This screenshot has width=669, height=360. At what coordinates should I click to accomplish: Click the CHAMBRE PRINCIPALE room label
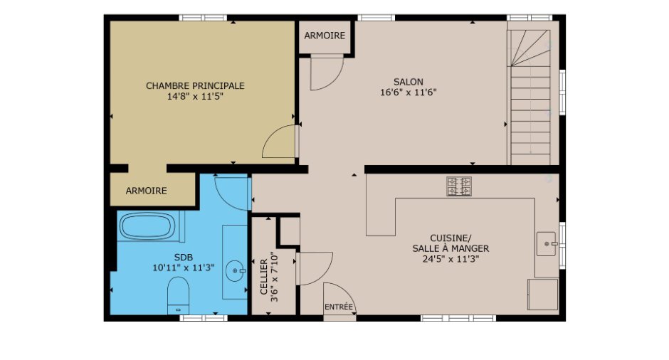point(195,86)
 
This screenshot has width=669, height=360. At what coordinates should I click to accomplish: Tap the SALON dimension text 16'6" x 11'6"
point(409,92)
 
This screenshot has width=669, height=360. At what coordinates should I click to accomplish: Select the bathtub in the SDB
point(147,226)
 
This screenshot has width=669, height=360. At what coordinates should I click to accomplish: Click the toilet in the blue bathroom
point(178,295)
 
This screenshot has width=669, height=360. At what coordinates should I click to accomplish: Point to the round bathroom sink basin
point(235,270)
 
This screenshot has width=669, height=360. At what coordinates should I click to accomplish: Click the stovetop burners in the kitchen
point(459,186)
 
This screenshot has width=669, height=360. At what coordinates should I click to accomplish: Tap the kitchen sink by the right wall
point(547,244)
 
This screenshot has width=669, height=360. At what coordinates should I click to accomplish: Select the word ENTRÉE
point(339,307)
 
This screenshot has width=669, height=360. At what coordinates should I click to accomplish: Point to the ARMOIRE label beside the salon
point(325,36)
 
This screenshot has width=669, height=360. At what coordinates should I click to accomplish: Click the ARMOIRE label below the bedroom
point(147,191)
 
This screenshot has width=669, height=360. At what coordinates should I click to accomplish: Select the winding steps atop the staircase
point(529,48)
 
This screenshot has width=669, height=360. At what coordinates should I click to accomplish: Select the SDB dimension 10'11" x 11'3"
point(184,268)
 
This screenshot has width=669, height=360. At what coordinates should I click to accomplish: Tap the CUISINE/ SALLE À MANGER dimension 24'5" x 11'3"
point(451,259)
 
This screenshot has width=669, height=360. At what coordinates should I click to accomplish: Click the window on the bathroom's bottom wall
point(204,318)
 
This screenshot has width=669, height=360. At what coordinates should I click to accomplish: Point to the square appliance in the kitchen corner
point(543,295)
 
